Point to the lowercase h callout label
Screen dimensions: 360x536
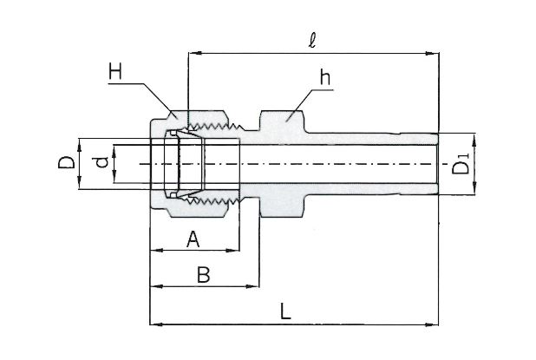click(x=324, y=77)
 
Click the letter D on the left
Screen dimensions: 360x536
click(x=64, y=163)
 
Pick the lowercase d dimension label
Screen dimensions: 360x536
click(x=101, y=162)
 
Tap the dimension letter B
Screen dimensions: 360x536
click(x=203, y=275)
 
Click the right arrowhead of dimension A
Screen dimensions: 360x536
click(x=234, y=252)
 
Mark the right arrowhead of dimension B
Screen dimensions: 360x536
click(x=256, y=285)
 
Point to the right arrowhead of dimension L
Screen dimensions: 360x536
click(x=434, y=324)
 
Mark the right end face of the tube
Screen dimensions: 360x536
click(x=437, y=164)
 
